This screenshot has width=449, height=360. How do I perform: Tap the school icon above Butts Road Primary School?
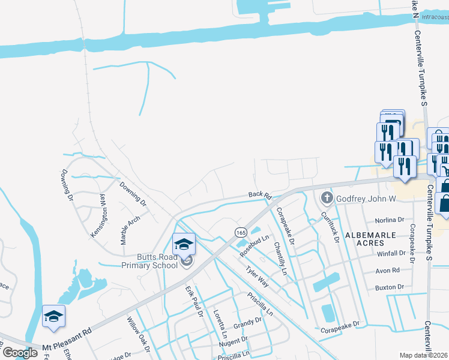[x=184, y=244]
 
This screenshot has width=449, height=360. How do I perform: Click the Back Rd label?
[x=261, y=196]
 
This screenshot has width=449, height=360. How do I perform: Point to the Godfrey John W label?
[x=368, y=198]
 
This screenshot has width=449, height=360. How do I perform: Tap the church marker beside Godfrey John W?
[x=327, y=197]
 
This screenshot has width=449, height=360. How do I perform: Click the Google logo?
[x=20, y=353]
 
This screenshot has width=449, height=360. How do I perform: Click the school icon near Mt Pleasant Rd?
[x=54, y=317]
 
